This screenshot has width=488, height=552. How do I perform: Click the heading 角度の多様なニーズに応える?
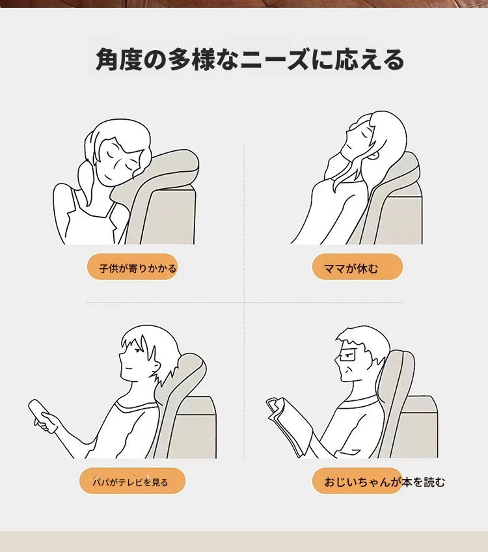pos(249,59)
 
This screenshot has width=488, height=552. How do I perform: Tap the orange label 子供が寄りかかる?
pos(132,267)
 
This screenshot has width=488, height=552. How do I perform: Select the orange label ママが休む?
pos(357,267)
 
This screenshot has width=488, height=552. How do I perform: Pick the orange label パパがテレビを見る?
pos(132,481)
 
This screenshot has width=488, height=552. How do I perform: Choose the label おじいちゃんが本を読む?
pos(385,482)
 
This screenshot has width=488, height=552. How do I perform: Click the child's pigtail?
pos(85,183)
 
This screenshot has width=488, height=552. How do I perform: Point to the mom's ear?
pos(374,154)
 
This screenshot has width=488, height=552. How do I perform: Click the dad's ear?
pos(155,366)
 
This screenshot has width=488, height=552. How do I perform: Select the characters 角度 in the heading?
pos(118,59)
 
